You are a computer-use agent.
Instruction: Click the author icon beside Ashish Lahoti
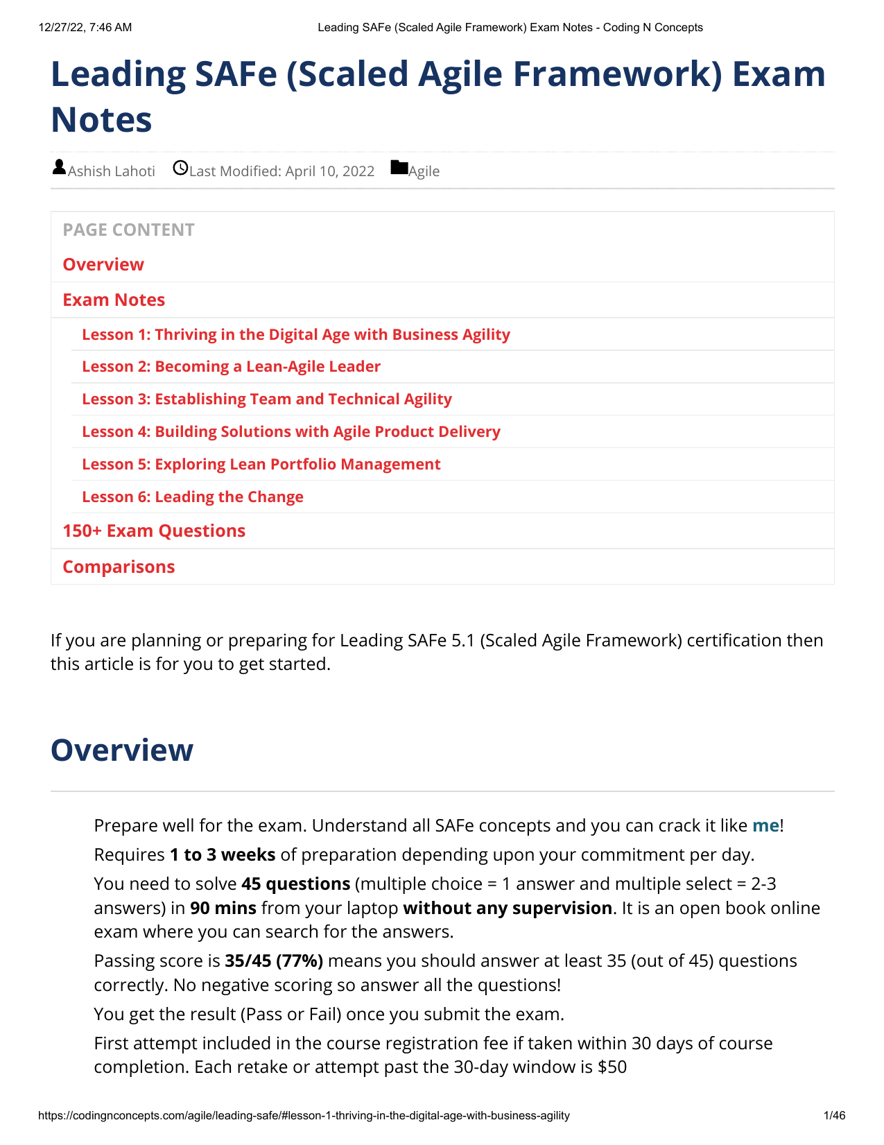(x=59, y=167)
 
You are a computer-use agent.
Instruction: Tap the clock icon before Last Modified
(x=180, y=168)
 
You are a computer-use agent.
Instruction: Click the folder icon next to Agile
(x=399, y=168)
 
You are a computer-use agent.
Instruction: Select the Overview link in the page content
(x=103, y=264)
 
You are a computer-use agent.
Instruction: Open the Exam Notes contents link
(x=114, y=300)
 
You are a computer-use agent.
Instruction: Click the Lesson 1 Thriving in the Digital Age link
(x=296, y=334)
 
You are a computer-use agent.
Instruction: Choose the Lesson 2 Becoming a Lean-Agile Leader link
(x=231, y=366)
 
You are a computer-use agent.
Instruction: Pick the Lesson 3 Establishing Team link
(x=267, y=399)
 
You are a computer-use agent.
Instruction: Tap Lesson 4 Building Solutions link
(x=291, y=431)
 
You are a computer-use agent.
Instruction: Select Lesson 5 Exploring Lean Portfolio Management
(x=261, y=464)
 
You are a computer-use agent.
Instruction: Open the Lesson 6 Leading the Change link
(x=193, y=497)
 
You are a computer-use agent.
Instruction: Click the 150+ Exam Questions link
(x=154, y=531)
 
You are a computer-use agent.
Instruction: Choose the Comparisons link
(x=119, y=567)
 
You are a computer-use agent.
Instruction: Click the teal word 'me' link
(x=765, y=825)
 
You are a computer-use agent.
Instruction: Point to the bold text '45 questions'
(x=295, y=884)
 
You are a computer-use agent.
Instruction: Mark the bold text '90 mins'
(x=223, y=908)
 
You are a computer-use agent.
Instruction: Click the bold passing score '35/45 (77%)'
(x=274, y=961)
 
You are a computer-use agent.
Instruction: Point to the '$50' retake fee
(x=612, y=1067)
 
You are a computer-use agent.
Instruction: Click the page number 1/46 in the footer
(x=834, y=1116)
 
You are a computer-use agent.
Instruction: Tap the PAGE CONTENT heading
(x=128, y=230)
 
